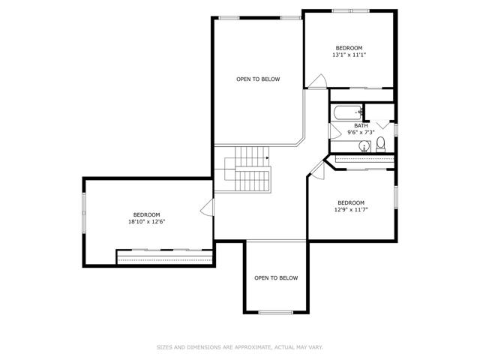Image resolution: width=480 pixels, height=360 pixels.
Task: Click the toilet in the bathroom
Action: click(380, 145)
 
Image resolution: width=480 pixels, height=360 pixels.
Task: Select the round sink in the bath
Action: click(364, 146)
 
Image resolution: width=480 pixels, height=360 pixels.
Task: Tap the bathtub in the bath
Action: click(348, 112)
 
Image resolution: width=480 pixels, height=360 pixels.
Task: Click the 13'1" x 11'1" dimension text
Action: click(349, 55)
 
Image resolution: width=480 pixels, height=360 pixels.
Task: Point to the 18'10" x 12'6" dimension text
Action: click(147, 222)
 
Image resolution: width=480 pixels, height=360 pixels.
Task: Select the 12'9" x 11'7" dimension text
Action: click(351, 210)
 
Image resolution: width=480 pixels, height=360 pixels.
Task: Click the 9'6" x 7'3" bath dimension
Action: click(361, 133)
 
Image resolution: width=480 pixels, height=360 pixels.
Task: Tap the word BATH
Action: click(361, 125)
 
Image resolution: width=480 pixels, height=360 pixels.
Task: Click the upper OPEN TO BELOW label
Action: click(258, 79)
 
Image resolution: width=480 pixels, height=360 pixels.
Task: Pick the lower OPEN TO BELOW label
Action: click(276, 278)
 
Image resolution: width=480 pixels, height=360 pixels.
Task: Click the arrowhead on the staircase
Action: click(268, 158)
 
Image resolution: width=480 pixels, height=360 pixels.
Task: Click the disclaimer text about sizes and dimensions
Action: click(240, 347)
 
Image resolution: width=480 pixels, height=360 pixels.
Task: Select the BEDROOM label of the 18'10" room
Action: click(147, 215)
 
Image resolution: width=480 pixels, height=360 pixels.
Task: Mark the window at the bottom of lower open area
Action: click(276, 313)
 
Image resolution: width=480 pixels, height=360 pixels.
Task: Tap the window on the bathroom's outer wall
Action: click(396, 130)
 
